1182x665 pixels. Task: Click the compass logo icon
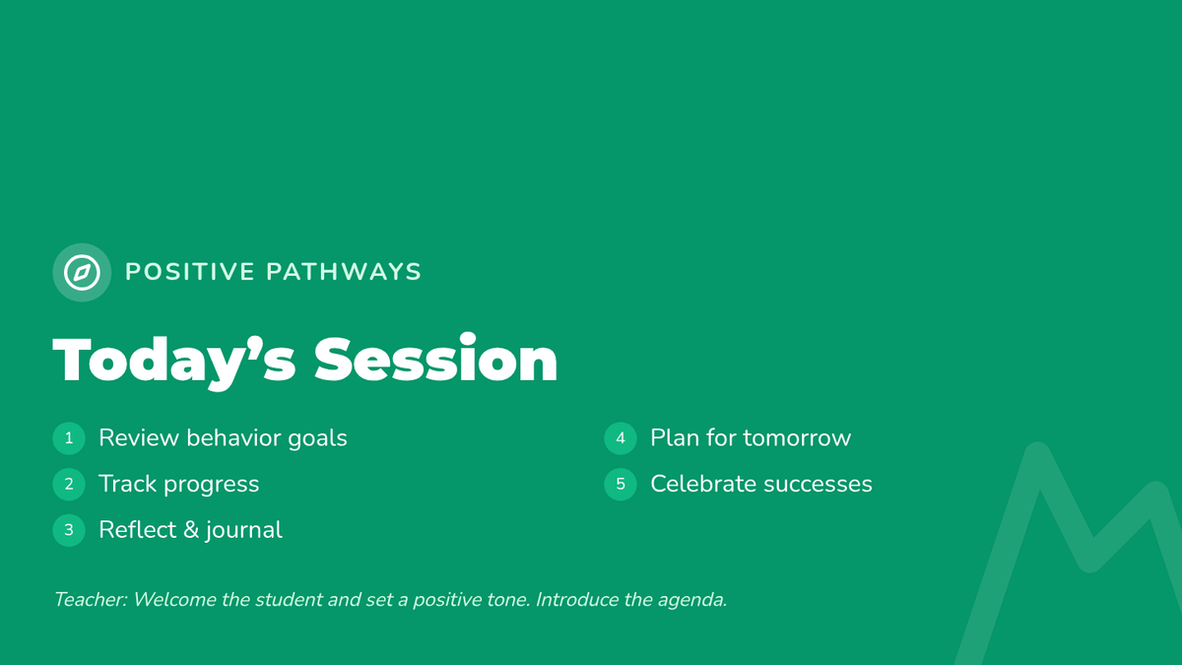(82, 272)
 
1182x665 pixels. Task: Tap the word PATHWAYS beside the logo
(344, 272)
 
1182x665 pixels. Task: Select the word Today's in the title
(174, 362)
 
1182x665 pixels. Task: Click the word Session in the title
(435, 359)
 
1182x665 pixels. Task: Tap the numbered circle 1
(69, 438)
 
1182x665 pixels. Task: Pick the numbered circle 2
(69, 484)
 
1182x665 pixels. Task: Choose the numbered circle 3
(69, 530)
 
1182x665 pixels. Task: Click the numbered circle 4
(621, 438)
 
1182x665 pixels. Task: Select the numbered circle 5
(621, 484)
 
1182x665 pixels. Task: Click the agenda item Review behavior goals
(223, 438)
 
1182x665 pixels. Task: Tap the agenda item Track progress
(179, 485)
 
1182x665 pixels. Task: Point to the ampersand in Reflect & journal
(190, 530)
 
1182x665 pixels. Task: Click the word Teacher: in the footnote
(91, 600)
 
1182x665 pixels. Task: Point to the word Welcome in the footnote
(174, 600)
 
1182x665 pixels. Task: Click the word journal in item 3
(244, 531)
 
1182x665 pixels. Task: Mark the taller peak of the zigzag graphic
(1037, 453)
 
